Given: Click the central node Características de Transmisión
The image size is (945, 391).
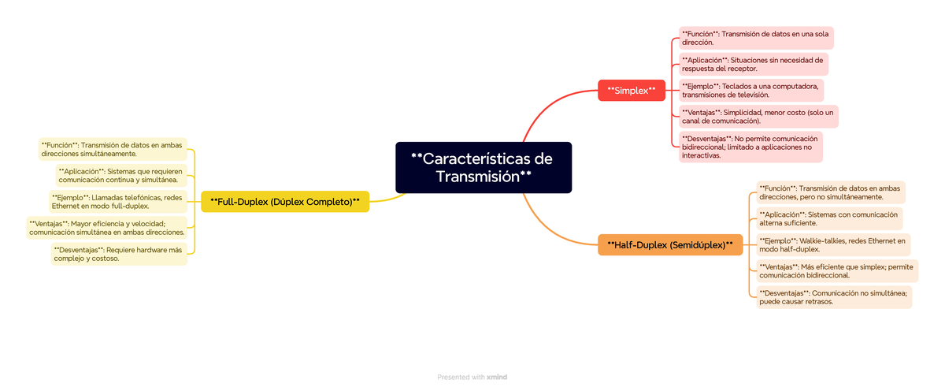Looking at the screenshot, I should click(x=483, y=167).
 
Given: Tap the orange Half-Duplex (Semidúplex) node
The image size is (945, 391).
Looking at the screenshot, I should click(x=670, y=245).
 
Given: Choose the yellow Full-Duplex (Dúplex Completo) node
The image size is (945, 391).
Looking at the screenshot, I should click(x=285, y=202).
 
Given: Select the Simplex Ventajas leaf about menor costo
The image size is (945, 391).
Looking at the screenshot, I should click(x=758, y=117).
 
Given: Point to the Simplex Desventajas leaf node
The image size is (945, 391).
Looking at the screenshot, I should click(x=750, y=147).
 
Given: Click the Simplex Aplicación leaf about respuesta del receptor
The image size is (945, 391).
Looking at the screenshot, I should click(x=753, y=64).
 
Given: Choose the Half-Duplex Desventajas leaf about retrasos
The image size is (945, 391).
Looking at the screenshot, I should click(x=833, y=296).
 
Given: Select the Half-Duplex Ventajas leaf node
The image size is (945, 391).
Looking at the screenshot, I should click(x=836, y=271).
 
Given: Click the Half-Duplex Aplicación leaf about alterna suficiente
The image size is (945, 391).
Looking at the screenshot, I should click(x=828, y=218).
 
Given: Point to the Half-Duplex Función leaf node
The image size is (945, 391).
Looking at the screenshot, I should click(x=830, y=192).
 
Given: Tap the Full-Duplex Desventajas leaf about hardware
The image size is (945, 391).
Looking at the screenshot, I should click(x=119, y=254).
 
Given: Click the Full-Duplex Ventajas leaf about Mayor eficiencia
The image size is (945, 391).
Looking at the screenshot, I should click(x=106, y=228).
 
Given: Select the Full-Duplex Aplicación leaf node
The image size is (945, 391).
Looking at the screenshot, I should click(x=120, y=176).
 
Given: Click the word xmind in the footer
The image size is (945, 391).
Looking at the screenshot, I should click(x=497, y=377).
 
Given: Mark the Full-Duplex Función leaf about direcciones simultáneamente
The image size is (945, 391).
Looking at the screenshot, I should click(x=112, y=149).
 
